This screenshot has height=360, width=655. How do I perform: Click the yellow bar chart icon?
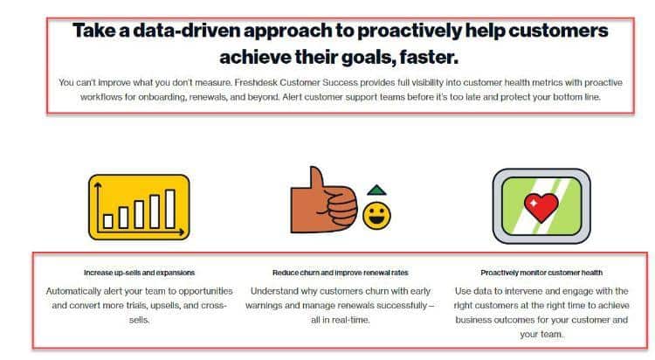click(x=139, y=207)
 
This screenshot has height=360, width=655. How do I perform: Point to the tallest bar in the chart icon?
click(x=170, y=209)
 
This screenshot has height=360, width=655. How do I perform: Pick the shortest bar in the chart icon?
click(x=108, y=221)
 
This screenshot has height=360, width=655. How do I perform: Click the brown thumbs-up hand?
click(x=324, y=200)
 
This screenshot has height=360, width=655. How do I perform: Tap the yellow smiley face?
click(x=376, y=216)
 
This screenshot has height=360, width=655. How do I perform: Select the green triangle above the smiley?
click(x=376, y=190)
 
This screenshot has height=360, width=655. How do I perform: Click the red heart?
click(x=541, y=207)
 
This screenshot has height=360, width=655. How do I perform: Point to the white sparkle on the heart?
click(x=534, y=204)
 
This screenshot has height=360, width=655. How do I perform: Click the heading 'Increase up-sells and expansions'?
click(x=139, y=273)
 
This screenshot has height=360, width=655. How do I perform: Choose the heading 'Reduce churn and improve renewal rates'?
click(x=341, y=273)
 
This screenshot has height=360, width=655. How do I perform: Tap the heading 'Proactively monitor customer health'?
click(x=541, y=273)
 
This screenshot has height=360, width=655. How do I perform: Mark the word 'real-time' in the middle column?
click(x=349, y=320)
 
